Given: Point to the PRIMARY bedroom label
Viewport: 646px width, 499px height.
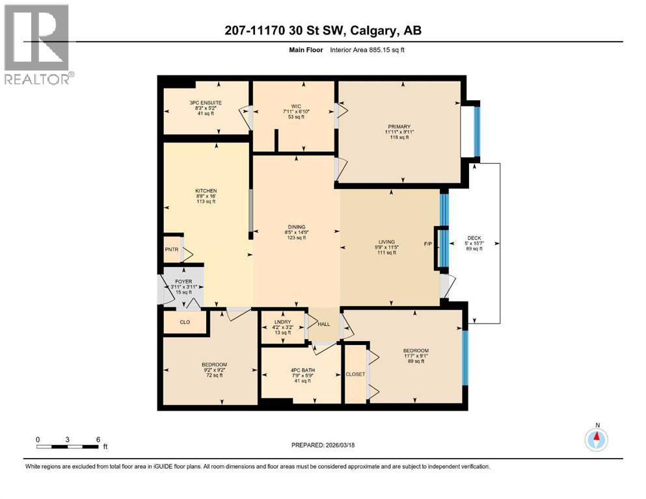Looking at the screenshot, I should pyautogui.click(x=399, y=127).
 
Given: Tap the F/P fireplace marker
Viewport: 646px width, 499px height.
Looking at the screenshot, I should pyautogui.click(x=428, y=244).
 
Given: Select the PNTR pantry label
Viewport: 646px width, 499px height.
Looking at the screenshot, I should pyautogui.click(x=171, y=249).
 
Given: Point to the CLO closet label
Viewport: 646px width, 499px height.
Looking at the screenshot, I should pyautogui.click(x=184, y=322).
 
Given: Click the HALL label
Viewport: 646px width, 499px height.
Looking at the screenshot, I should pyautogui.click(x=323, y=323).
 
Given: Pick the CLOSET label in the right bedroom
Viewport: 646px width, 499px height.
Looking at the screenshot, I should pyautogui.click(x=355, y=374).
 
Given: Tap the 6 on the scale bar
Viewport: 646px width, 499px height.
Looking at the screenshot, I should pyautogui.click(x=98, y=439).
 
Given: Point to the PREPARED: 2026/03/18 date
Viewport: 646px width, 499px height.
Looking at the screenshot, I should pyautogui.click(x=323, y=445).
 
